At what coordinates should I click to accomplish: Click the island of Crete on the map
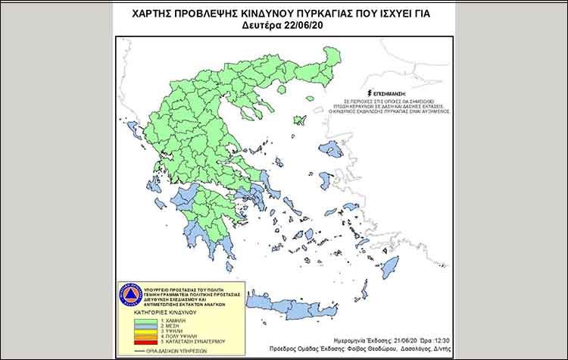[x=295, y=306]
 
